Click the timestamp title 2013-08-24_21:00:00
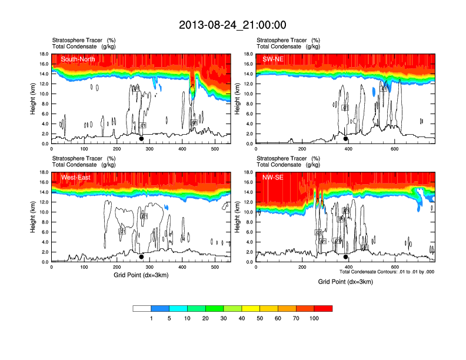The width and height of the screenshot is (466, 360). coord(232,25)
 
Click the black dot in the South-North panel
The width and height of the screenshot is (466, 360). coord(141,139)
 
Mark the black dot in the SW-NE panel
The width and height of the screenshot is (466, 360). coord(346,139)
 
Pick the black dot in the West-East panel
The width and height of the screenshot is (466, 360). coord(141,257)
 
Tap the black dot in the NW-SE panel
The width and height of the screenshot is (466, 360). coord(346,257)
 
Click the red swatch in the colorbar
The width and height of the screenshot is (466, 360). coord(323,308)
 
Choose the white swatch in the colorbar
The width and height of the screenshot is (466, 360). coord(142,308)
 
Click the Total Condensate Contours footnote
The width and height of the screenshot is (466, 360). coord(387,272)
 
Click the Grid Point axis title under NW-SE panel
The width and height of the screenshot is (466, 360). coord(345,282)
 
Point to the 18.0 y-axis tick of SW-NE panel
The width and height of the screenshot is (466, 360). coord(248,54)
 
